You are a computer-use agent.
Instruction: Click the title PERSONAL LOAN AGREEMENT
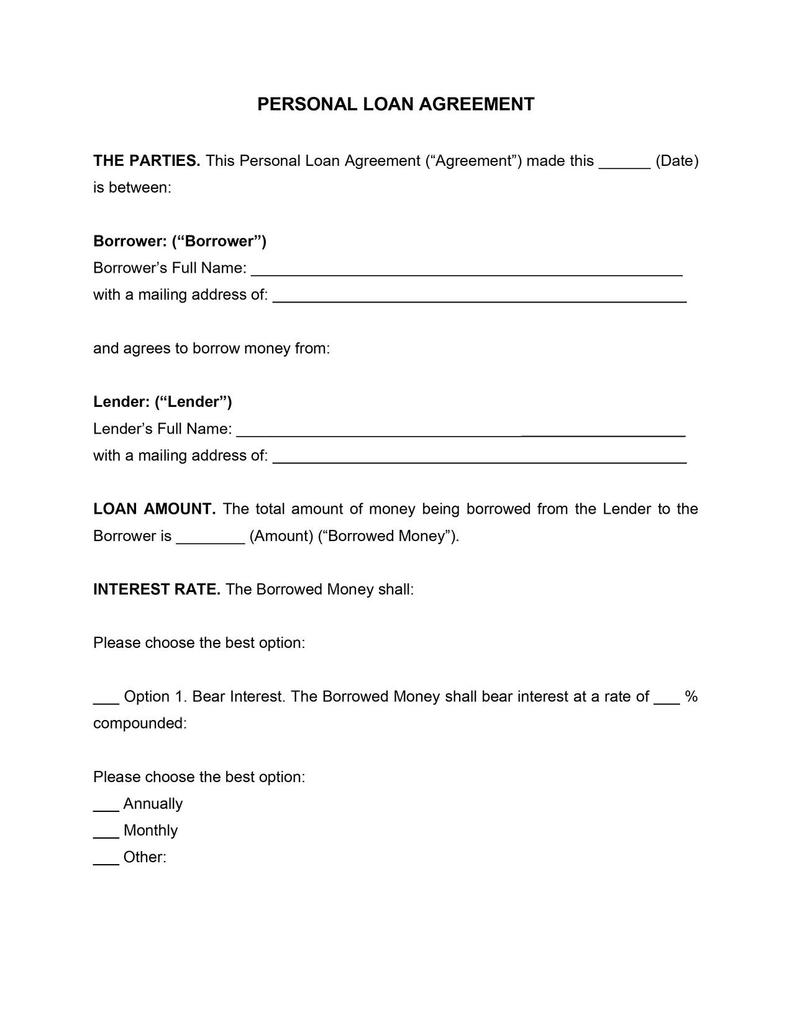(x=396, y=104)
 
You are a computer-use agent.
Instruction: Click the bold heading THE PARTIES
(x=147, y=161)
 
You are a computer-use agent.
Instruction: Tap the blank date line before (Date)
(x=624, y=164)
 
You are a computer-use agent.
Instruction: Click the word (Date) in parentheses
(x=677, y=161)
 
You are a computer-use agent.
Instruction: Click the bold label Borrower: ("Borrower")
(x=180, y=241)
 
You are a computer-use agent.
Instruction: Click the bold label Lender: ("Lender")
(x=163, y=402)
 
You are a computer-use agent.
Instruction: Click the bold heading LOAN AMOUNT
(x=154, y=509)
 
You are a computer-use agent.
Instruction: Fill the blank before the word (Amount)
(x=211, y=539)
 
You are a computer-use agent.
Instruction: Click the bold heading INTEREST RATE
(x=157, y=589)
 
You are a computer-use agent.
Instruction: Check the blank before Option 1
(x=106, y=700)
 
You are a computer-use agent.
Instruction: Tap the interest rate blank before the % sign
(x=667, y=700)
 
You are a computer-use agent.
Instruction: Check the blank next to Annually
(x=106, y=807)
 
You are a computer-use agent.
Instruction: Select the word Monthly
(x=150, y=831)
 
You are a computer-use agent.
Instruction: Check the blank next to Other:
(x=106, y=860)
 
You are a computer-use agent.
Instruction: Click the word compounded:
(x=140, y=723)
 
